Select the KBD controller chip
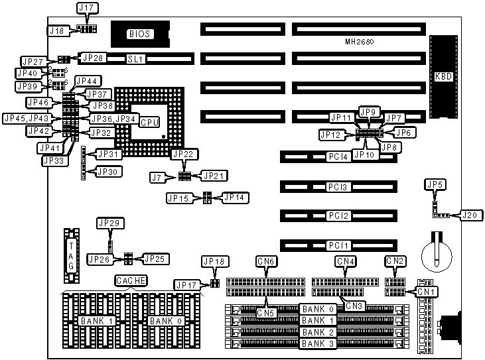tap(443, 76)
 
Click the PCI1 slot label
tap(336, 245)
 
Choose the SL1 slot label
tap(136, 59)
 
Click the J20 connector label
tap(470, 215)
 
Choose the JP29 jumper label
tap(109, 223)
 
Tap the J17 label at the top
tap(88, 9)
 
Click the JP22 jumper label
tap(183, 154)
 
